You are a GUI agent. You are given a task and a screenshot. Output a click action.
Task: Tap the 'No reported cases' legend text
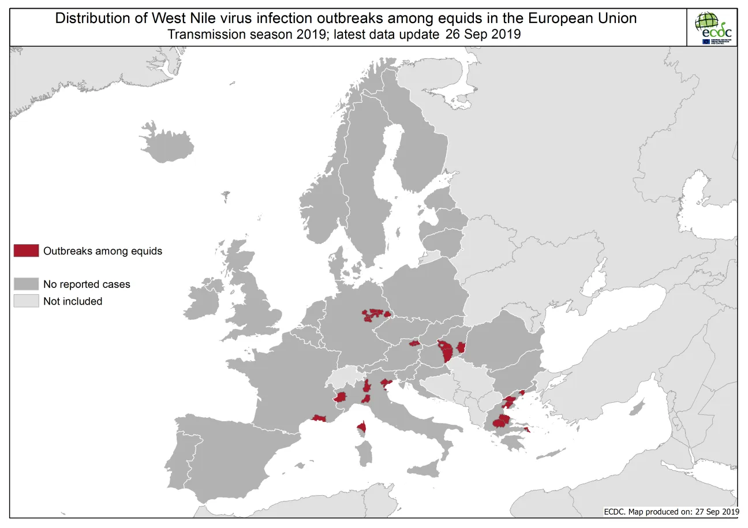(x=87, y=284)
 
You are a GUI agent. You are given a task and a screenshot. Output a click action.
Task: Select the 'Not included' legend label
(x=73, y=301)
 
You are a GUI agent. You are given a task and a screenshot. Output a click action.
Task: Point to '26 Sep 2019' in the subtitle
(x=483, y=34)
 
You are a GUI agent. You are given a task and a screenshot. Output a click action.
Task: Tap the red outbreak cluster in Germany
(x=376, y=314)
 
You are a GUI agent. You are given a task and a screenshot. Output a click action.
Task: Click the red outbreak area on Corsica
(x=361, y=428)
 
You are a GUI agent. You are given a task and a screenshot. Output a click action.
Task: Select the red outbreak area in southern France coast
(x=318, y=418)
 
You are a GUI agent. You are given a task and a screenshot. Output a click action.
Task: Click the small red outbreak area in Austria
(x=414, y=343)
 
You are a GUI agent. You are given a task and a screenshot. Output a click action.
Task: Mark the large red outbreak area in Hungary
(x=446, y=350)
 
